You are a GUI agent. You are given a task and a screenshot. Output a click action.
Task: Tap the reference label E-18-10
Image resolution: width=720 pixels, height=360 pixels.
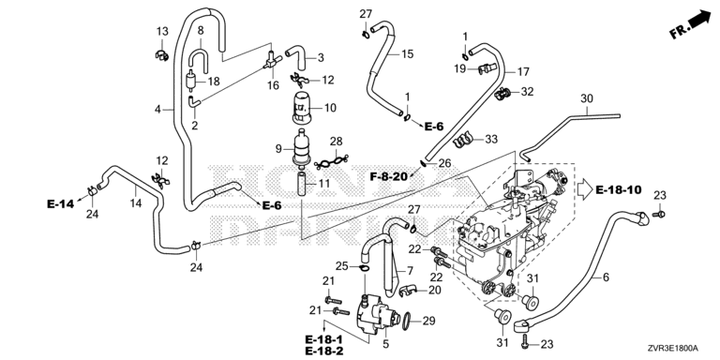[x=619, y=189]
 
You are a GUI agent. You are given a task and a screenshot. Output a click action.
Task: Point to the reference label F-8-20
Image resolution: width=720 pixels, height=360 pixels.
[x=389, y=175]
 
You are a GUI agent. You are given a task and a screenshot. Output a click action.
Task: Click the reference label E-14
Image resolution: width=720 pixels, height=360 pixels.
[x=60, y=203]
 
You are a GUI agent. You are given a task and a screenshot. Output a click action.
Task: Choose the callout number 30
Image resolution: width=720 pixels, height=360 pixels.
[x=587, y=98]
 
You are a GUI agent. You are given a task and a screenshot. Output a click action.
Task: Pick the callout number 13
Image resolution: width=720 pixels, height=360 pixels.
[x=162, y=31]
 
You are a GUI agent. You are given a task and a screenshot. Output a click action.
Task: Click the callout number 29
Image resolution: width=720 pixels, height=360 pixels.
[x=428, y=321]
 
